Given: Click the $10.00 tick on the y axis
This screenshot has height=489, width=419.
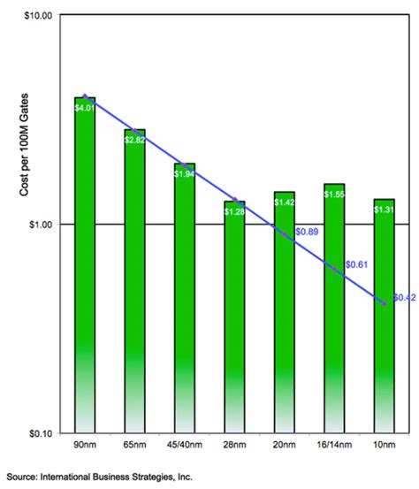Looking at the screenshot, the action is pos(38,16).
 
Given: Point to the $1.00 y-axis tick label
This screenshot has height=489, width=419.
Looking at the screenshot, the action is pos(40,225).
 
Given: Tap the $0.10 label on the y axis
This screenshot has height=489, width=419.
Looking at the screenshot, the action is pos(40,433).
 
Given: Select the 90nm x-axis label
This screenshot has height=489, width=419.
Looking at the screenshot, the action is pos(85,445).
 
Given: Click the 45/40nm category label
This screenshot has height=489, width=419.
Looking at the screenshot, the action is pos(185,445).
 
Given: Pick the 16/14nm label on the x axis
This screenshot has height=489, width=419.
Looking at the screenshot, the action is pos(334,445).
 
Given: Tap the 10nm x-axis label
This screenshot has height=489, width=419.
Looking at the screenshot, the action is pos(384,445).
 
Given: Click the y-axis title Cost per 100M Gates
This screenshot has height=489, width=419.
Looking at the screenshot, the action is pos(24,145).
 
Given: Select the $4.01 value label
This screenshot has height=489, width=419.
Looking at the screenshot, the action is pos(85,108).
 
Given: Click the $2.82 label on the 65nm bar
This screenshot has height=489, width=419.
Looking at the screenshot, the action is pos(134,140).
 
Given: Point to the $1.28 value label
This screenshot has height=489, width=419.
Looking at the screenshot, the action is pos(234,211).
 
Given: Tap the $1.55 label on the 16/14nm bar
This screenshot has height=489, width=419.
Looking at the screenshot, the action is pos(334,195).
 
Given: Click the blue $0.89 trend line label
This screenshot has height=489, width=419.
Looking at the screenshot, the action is pos(307,232).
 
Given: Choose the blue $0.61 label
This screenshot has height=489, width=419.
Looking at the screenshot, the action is pos(356,264).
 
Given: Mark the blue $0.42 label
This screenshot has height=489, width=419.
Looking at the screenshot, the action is pos(404,298).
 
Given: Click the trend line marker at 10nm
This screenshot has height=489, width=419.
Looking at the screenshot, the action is pos(384,303).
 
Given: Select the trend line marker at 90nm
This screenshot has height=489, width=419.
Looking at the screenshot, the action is pos(85,96).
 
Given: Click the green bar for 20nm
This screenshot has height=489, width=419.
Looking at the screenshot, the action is pos(285,312).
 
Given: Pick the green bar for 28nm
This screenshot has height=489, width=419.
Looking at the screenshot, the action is pos(234,317).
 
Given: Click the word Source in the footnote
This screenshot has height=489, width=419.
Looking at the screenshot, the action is pos(21,477).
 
